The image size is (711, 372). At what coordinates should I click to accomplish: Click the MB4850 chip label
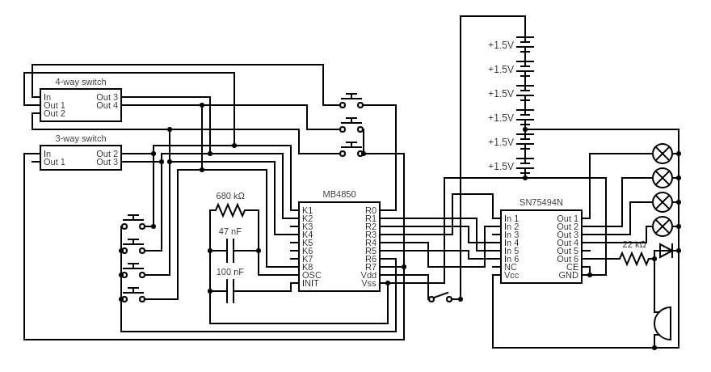[339, 194]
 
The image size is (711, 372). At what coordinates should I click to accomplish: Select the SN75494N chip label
[541, 202]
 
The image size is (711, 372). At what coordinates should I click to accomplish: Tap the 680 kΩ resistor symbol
[230, 210]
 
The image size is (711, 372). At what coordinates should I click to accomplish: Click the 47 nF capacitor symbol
[230, 251]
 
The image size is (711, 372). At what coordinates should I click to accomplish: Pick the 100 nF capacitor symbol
[230, 291]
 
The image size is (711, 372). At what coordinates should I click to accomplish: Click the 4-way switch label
[81, 82]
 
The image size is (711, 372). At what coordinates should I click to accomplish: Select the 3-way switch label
[81, 138]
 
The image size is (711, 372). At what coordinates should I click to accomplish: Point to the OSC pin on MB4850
[311, 275]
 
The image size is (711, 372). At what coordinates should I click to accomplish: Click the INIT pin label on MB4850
[310, 283]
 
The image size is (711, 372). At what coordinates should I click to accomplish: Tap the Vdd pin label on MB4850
[368, 275]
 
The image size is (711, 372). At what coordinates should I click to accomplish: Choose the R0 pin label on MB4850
[370, 210]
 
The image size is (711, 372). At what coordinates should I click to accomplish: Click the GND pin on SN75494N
[568, 275]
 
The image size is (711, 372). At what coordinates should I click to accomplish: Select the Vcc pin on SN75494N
[511, 275]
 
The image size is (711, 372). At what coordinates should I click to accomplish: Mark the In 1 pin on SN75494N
[511, 218]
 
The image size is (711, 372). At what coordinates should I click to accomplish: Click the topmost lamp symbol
[663, 154]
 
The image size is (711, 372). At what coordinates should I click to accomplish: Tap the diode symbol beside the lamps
[666, 251]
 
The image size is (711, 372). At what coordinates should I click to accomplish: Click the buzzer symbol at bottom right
[663, 323]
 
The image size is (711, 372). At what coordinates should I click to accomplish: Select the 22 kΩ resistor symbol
[635, 259]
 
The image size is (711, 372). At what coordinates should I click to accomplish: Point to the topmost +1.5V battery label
[501, 45]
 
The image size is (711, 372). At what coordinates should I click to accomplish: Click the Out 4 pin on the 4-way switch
[107, 105]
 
